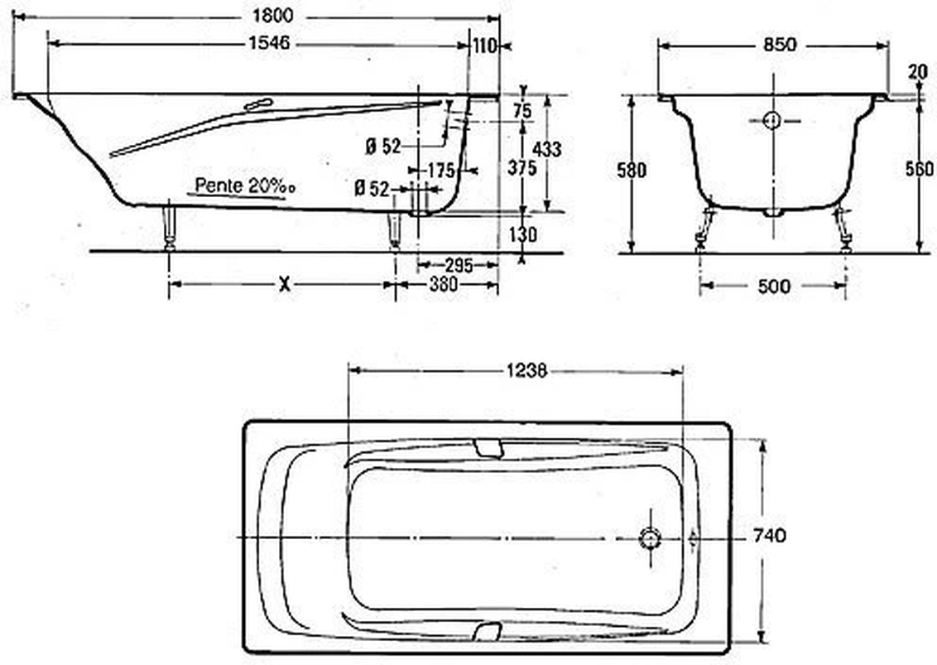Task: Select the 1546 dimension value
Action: click(x=268, y=44)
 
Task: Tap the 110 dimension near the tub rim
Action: click(x=484, y=46)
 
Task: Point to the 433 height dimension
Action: click(x=547, y=149)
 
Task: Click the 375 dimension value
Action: click(x=522, y=167)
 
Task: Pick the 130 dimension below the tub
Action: click(x=522, y=235)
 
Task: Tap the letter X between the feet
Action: click(x=284, y=285)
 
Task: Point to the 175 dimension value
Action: click(x=442, y=171)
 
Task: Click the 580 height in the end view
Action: click(x=631, y=171)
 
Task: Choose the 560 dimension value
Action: click(x=920, y=169)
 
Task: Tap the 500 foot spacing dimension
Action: click(x=773, y=287)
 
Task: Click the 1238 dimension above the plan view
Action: click(x=526, y=371)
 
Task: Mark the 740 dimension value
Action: click(x=770, y=536)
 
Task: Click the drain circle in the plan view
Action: click(x=650, y=538)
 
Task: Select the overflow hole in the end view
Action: click(x=771, y=121)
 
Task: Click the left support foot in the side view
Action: click(x=171, y=226)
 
